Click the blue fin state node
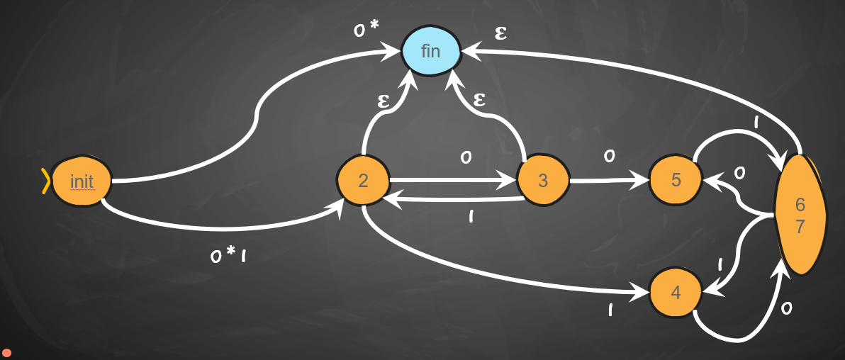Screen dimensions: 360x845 click(431, 51)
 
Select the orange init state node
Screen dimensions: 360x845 click(82, 181)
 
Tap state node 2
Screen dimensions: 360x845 click(363, 181)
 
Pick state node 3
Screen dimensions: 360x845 click(543, 181)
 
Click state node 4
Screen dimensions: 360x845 click(676, 293)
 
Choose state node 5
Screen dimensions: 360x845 click(676, 180)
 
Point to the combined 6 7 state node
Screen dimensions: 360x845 click(800, 215)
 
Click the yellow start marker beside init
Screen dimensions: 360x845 click(46, 181)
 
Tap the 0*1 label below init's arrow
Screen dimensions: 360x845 click(228, 255)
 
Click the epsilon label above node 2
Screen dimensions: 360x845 click(384, 101)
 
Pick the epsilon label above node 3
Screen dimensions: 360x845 click(479, 99)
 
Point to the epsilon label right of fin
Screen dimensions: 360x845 click(500, 33)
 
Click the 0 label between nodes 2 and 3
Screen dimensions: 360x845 click(466, 157)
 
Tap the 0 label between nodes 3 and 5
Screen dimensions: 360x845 click(609, 156)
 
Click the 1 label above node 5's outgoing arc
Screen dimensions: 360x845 click(756, 123)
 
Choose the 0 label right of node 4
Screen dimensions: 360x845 click(785, 308)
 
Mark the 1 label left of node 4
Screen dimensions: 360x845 click(610, 310)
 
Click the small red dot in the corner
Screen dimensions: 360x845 click(6, 352)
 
